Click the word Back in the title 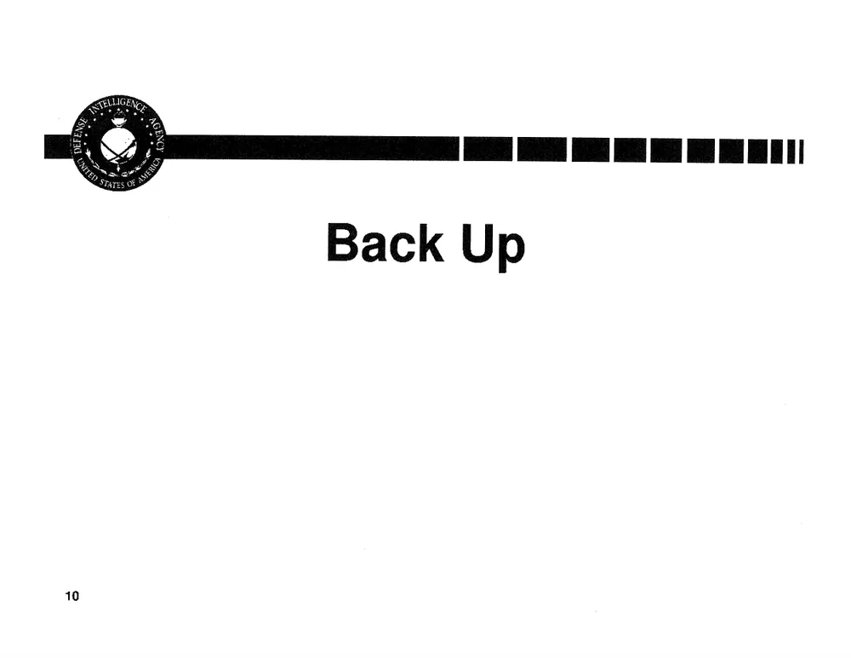(x=385, y=242)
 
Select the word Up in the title (x=494, y=247)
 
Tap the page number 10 (x=71, y=596)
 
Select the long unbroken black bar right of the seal (x=312, y=148)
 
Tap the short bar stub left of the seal (x=59, y=146)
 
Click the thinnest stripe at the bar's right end (x=801, y=152)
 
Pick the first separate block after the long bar (x=488, y=149)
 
